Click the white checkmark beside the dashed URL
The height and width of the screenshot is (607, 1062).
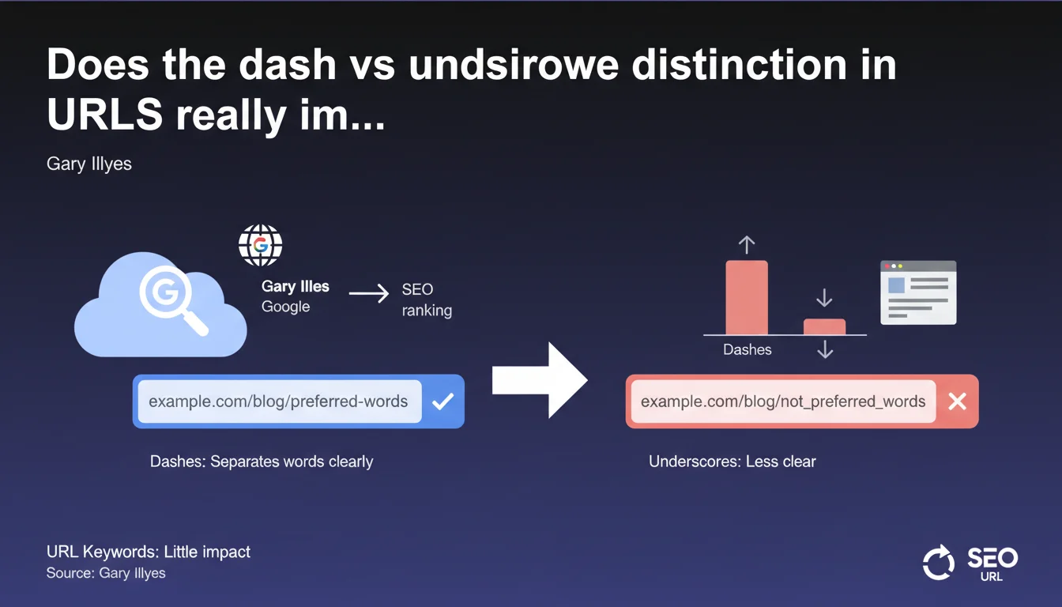442,402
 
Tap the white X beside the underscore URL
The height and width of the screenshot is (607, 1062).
957,402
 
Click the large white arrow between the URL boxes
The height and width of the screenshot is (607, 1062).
540,380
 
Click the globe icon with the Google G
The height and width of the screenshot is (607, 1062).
260,245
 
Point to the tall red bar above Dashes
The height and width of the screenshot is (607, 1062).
747,297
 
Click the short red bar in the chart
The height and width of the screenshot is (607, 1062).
824,326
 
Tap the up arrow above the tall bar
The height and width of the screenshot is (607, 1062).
747,245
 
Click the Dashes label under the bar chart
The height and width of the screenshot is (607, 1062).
748,349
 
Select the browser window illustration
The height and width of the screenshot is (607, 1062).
918,292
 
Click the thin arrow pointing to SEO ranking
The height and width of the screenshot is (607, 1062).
369,293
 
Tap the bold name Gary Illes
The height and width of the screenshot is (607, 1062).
296,286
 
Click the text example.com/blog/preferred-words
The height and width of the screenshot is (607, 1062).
278,402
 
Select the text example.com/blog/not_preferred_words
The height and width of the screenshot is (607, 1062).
783,402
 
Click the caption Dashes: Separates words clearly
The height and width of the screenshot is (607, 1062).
262,462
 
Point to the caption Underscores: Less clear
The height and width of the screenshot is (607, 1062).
732,462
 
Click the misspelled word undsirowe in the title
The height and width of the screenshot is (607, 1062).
514,65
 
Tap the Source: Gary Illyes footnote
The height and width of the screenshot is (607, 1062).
106,573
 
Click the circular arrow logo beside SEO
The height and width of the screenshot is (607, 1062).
939,563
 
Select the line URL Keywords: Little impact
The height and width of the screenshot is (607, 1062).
149,552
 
